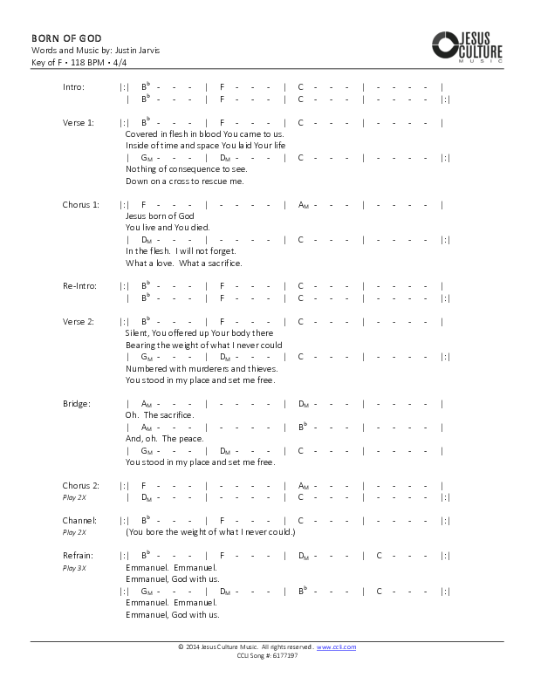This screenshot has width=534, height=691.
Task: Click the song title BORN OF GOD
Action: [x=66, y=38]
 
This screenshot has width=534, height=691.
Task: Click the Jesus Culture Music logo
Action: [x=467, y=45]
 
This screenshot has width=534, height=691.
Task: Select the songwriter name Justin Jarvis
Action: [x=137, y=51]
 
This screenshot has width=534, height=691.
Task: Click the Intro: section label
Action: [x=73, y=87]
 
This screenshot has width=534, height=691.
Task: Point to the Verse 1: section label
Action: [x=78, y=123]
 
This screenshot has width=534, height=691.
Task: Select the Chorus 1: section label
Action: [x=80, y=204]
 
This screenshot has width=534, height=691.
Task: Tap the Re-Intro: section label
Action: [x=78, y=286]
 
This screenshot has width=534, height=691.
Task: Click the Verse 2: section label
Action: [x=78, y=322]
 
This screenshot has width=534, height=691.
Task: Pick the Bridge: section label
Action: [x=77, y=404]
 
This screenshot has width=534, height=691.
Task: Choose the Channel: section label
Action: [x=79, y=520]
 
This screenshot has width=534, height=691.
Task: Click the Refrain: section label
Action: [x=78, y=556]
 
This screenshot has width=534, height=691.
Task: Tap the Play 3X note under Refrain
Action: [x=74, y=567]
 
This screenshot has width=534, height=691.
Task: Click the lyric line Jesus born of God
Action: [x=160, y=216]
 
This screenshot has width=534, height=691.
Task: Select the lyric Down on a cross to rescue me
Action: [x=185, y=181]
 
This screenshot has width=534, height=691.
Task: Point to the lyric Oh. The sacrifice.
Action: [x=160, y=415]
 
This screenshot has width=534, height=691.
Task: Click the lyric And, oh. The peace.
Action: [x=165, y=439]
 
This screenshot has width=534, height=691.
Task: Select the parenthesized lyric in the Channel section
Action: [x=210, y=532]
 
